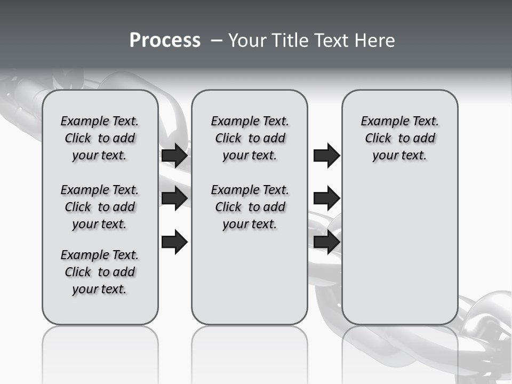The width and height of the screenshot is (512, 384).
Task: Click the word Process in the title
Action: pos(165,41)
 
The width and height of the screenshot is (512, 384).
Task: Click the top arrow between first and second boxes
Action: pos(174,155)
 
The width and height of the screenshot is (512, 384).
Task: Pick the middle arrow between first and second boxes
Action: pos(174,198)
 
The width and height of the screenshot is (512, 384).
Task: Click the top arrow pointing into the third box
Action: pos(326,155)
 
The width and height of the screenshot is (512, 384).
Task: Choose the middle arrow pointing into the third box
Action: pos(326,198)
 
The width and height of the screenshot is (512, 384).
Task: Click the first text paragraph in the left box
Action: pos(100,138)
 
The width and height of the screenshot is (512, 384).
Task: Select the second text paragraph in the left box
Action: pos(100,207)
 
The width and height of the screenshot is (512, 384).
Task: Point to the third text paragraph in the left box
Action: pos(100,272)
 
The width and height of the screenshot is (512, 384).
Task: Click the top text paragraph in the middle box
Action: pos(250,138)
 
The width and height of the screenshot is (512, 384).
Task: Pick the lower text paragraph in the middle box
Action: pos(250,207)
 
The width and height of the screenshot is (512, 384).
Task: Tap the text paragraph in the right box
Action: pos(399,138)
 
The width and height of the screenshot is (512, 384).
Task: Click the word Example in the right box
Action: pos(381,121)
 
